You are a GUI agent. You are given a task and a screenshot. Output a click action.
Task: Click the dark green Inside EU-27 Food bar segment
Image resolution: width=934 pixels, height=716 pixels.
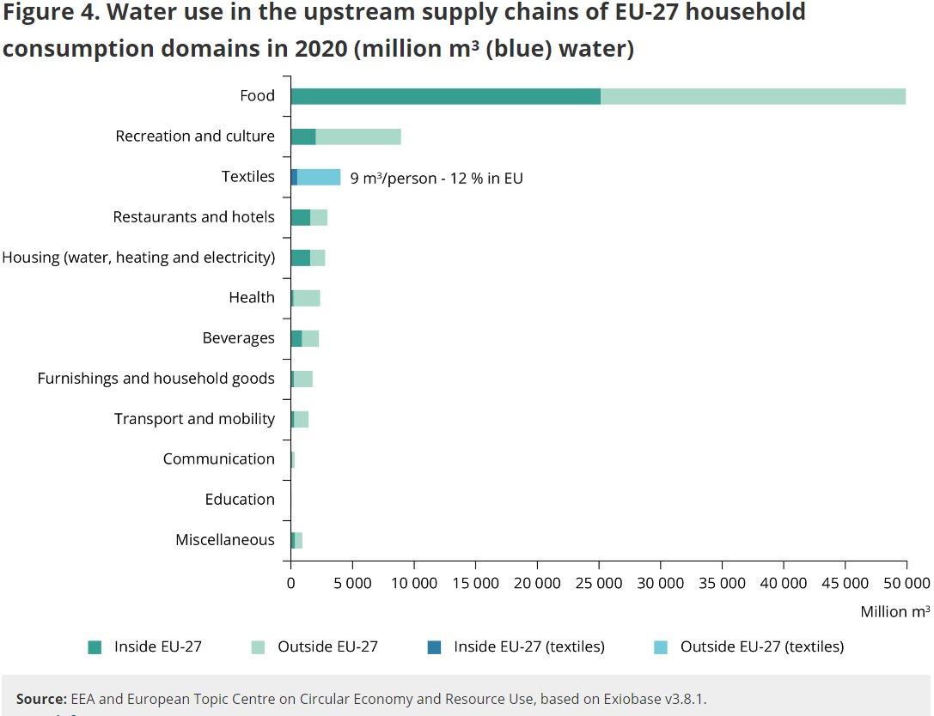445,96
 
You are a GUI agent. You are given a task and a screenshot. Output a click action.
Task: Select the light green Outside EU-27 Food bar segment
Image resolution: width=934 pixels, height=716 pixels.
753,96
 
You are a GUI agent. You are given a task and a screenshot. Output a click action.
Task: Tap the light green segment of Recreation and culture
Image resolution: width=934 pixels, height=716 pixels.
358,137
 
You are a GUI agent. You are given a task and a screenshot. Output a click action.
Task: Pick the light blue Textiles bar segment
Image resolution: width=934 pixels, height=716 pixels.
319,177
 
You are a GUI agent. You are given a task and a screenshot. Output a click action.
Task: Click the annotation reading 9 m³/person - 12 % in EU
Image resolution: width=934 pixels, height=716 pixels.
436,178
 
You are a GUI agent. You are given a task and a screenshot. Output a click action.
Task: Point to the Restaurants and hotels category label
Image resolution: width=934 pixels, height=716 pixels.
194,217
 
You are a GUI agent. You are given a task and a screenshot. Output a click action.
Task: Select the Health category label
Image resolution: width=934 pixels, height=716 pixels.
252,298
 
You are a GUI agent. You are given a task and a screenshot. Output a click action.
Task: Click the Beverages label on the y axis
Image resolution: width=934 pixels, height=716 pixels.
239,338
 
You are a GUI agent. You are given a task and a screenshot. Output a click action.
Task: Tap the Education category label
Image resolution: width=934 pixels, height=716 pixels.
240,500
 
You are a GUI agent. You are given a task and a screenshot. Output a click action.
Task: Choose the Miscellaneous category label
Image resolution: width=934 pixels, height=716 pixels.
225,540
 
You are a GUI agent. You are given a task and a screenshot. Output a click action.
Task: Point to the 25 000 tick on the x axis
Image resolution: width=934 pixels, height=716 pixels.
599,584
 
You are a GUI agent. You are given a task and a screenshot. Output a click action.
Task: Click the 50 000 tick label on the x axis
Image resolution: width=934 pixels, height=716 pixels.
907,584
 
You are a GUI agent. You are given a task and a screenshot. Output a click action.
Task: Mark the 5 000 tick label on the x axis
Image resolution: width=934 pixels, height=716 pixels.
352,584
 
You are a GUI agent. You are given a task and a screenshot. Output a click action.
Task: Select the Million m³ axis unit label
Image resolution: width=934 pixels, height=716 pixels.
895,612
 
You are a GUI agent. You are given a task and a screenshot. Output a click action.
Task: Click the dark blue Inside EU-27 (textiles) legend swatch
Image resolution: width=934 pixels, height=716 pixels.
435,647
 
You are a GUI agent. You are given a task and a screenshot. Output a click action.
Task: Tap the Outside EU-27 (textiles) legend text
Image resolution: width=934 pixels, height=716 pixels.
762,647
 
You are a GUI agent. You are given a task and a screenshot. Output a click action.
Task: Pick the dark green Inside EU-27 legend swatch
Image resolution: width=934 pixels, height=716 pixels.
95,647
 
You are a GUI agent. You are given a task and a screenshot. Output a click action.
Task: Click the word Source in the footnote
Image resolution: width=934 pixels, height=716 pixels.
41,700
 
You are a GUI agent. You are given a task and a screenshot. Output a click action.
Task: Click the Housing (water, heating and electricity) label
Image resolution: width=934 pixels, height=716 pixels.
139,258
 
